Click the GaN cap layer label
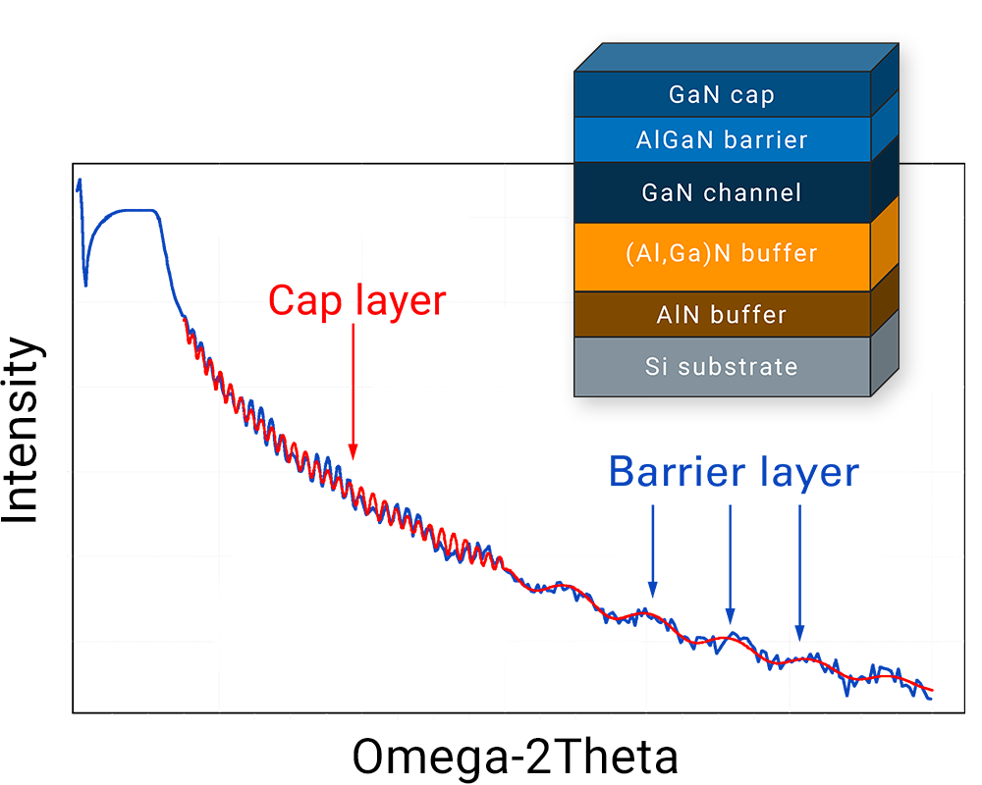(x=722, y=95)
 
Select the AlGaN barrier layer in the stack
(x=722, y=139)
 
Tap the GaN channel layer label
(x=722, y=192)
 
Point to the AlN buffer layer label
(x=722, y=314)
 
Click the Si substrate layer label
(x=722, y=367)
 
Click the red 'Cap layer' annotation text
(x=357, y=301)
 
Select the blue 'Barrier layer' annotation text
(x=734, y=472)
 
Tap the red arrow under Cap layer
(x=354, y=392)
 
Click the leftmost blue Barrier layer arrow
(x=653, y=550)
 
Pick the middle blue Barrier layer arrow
(x=731, y=564)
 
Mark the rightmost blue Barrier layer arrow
(x=799, y=573)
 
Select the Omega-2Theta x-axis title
(x=515, y=757)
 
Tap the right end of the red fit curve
(x=933, y=691)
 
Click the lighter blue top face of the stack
(x=736, y=58)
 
